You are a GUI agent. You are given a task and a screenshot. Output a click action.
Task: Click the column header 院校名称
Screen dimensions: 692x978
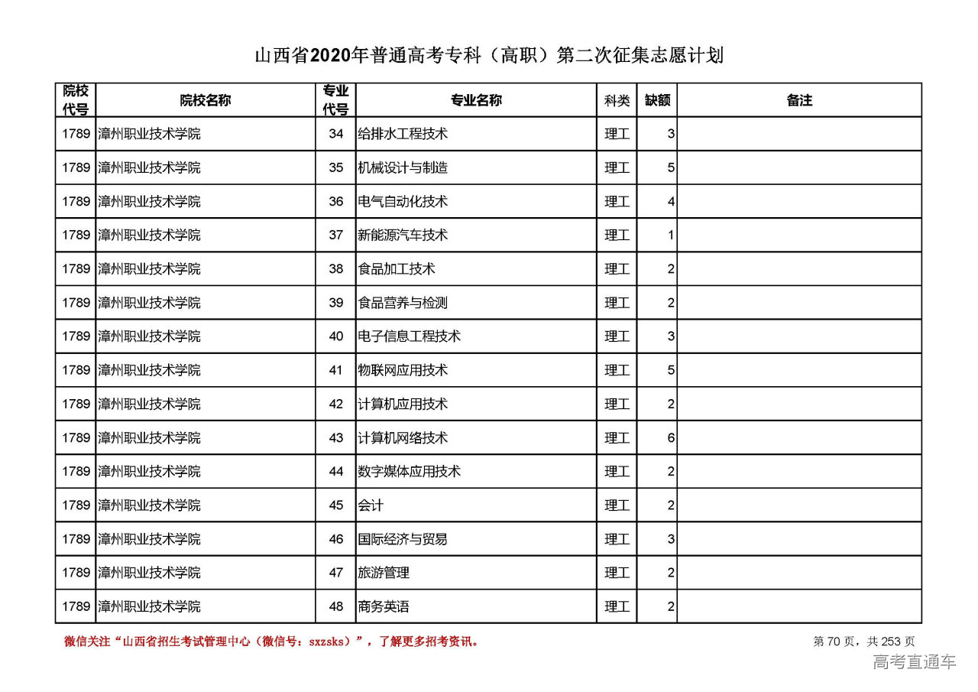pyautogui.click(x=206, y=100)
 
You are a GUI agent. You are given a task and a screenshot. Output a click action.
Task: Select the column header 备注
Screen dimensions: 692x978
pyautogui.click(x=799, y=100)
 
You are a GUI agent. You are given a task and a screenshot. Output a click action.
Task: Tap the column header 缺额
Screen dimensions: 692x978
pyautogui.click(x=657, y=100)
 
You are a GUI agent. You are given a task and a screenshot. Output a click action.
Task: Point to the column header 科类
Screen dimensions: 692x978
pyautogui.click(x=617, y=100)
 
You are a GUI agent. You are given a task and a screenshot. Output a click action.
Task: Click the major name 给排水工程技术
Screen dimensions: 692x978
pyautogui.click(x=403, y=134)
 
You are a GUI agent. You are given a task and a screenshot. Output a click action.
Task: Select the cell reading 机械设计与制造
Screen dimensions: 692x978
pyautogui.click(x=403, y=167)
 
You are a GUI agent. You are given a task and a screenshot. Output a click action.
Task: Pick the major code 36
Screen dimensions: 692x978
pyautogui.click(x=336, y=201)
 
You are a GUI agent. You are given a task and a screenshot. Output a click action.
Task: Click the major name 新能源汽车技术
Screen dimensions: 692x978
pyautogui.click(x=403, y=235)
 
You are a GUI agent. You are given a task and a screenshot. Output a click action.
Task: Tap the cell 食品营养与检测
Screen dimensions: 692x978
pyautogui.click(x=403, y=303)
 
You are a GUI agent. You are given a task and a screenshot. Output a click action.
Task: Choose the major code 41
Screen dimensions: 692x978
pyautogui.click(x=336, y=370)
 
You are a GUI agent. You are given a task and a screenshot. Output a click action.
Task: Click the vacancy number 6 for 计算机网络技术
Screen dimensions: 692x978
pyautogui.click(x=671, y=437)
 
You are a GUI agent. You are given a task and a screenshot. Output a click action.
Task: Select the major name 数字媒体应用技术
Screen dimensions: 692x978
pyautogui.click(x=410, y=471)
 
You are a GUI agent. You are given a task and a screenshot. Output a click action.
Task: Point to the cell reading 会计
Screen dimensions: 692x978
pyautogui.click(x=371, y=505)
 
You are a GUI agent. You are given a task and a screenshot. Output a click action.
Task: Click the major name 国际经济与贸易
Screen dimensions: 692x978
pyautogui.click(x=403, y=538)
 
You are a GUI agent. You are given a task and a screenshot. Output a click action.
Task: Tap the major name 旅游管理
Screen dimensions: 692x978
pyautogui.click(x=384, y=572)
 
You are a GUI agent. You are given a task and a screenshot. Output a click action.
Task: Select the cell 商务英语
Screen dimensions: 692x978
pyautogui.click(x=384, y=606)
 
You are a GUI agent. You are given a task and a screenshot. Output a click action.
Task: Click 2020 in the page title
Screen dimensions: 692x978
pyautogui.click(x=330, y=56)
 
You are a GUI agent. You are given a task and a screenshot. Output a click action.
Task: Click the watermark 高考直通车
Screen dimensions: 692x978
pyautogui.click(x=914, y=661)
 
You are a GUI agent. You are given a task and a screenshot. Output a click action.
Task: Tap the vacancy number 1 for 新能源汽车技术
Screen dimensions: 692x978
pyautogui.click(x=671, y=235)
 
